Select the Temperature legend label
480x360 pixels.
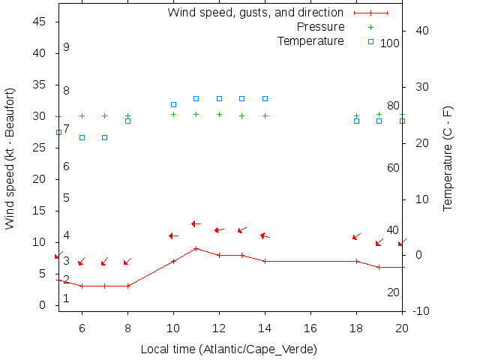point(310,40)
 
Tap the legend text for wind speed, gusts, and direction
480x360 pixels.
point(255,13)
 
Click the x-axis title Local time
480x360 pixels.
point(229,349)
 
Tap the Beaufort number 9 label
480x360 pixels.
point(66,47)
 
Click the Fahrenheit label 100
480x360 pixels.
point(390,43)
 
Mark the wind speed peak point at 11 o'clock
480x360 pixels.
point(196,248)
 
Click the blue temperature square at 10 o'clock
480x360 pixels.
point(173,105)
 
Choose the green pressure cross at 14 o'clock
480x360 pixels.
point(265,115)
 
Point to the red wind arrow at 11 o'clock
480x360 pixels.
point(196,223)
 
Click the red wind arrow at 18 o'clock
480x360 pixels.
point(356,237)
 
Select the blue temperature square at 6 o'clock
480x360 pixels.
point(82,137)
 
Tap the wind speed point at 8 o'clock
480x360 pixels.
point(127,286)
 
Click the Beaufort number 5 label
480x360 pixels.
point(66,198)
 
